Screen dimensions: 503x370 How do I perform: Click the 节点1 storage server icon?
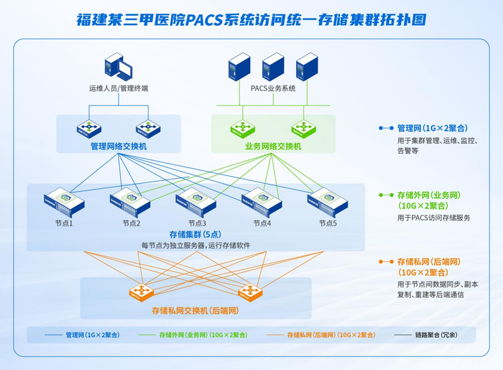(x=64, y=203)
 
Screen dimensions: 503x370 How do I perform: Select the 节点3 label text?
(x=197, y=223)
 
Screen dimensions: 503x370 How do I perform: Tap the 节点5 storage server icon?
(x=328, y=203)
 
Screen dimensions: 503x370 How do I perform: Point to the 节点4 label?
(x=262, y=223)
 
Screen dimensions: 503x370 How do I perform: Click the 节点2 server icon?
(x=130, y=203)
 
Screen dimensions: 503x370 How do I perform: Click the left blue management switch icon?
(x=89, y=129)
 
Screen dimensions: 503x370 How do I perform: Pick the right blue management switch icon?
(x=148, y=129)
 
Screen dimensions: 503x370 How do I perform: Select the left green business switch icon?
(x=243, y=129)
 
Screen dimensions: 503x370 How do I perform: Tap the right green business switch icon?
(x=303, y=129)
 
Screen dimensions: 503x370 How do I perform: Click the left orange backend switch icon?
(x=141, y=292)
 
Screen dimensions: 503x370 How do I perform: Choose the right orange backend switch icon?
(x=250, y=292)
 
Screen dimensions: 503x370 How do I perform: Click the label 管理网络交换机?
(x=119, y=147)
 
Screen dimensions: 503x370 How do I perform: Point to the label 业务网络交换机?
(x=273, y=147)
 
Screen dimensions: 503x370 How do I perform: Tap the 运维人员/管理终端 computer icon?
(x=119, y=66)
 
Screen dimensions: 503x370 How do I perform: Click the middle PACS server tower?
(x=273, y=67)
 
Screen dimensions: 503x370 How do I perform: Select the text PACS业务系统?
(x=273, y=88)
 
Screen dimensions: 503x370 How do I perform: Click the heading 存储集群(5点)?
(x=195, y=234)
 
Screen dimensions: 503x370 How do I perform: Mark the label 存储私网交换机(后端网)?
(x=195, y=310)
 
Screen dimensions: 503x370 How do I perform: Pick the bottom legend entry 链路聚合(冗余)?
(x=436, y=335)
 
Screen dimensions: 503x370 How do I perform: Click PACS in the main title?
(x=204, y=20)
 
